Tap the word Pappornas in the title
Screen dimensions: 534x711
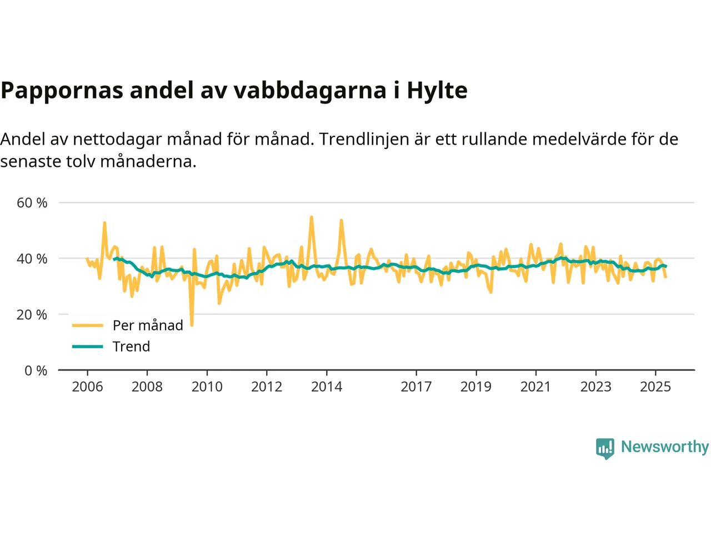click(62, 91)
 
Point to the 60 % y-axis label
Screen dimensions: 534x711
click(32, 203)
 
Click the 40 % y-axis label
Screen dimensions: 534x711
click(32, 259)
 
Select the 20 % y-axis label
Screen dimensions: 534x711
click(32, 315)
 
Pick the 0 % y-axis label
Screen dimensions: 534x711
click(36, 370)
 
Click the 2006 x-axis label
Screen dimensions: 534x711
click(87, 387)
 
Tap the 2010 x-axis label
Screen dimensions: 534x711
click(207, 387)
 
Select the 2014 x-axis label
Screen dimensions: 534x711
click(327, 387)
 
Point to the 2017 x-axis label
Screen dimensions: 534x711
click(416, 387)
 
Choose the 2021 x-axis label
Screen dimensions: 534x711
click(535, 387)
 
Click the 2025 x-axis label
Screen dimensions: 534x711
click(655, 387)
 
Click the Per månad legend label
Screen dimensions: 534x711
click(148, 325)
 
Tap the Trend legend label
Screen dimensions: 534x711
click(131, 347)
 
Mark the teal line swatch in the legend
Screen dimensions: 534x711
click(88, 347)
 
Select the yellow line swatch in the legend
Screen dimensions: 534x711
click(88, 325)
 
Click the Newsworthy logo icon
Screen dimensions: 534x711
click(605, 448)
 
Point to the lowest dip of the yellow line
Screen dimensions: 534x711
click(192, 325)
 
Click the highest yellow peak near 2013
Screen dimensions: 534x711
click(311, 217)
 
